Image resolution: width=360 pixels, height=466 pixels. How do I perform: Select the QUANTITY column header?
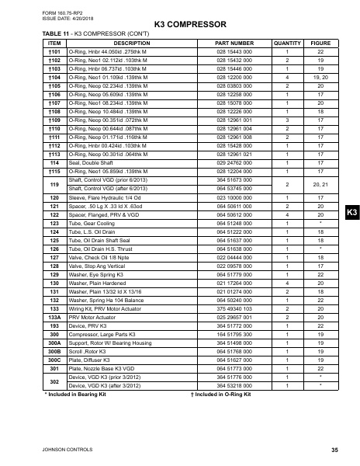pyautogui.click(x=287, y=43)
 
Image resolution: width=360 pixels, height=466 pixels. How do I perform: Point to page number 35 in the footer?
pyautogui.click(x=334, y=450)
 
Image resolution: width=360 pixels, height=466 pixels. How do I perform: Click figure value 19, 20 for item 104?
pyautogui.click(x=316, y=78)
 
